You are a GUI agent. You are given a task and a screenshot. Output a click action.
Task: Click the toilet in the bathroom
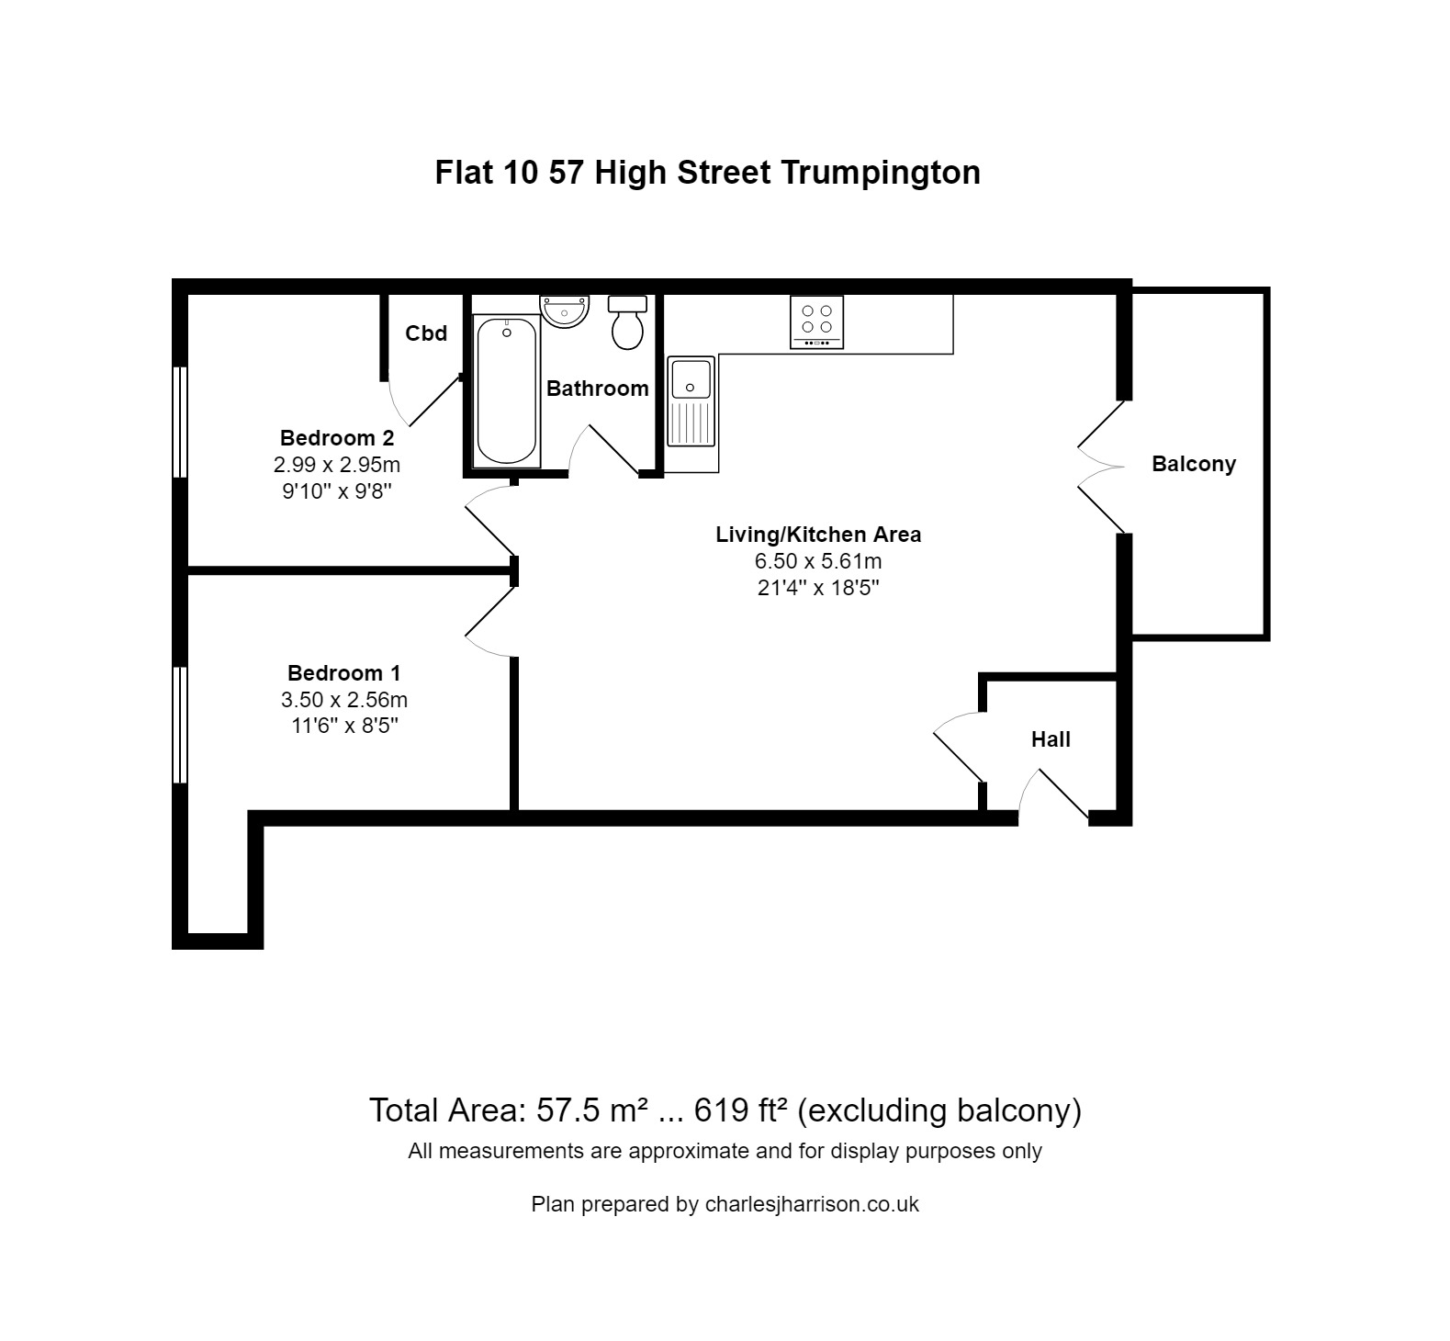tap(628, 323)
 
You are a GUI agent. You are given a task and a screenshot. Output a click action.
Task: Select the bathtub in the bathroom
tap(506, 390)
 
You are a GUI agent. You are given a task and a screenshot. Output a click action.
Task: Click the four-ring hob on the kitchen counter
tap(816, 321)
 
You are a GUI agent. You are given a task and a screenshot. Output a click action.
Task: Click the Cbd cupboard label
tap(426, 333)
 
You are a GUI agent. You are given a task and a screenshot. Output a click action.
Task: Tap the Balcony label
tap(1194, 464)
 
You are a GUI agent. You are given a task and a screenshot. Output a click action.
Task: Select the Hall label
tap(1051, 739)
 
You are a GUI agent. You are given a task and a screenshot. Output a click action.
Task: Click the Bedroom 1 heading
tap(343, 673)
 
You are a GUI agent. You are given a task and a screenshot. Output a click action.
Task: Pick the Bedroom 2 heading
tap(337, 438)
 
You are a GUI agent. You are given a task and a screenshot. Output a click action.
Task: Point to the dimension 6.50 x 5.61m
tap(818, 561)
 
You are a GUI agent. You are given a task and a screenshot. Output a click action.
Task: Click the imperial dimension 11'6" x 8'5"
tap(343, 727)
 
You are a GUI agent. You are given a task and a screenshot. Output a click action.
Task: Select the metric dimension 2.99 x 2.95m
tap(337, 465)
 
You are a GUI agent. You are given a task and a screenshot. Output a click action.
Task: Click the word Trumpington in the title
tap(881, 172)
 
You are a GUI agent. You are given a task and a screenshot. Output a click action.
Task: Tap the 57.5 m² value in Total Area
tap(593, 1110)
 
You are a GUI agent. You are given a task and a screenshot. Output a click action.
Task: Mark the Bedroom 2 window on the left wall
tap(181, 422)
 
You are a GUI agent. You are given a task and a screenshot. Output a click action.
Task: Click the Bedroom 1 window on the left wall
tap(181, 725)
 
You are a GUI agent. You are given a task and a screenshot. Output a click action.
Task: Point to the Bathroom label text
tap(597, 389)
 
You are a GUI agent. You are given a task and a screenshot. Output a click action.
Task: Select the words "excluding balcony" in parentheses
tap(939, 1110)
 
